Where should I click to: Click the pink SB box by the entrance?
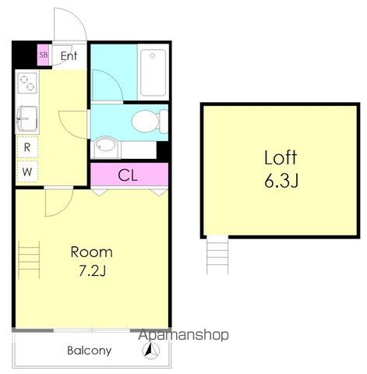(x=43, y=55)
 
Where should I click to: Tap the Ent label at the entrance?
(x=69, y=56)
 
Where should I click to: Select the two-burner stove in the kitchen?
(x=27, y=83)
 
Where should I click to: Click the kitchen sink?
(x=27, y=119)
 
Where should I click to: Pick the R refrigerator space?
(x=27, y=147)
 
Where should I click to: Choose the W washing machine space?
(x=27, y=171)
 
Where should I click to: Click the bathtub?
(x=153, y=72)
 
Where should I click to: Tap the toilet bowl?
(x=150, y=122)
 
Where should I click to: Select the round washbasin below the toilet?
(x=105, y=146)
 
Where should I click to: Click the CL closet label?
(x=128, y=175)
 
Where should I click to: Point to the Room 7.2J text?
(x=92, y=262)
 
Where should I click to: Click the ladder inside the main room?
(x=29, y=260)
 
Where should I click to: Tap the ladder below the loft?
(x=217, y=256)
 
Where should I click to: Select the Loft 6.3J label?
(x=281, y=169)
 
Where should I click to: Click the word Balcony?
(x=90, y=351)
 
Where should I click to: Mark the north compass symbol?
(x=151, y=351)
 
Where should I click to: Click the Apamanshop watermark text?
(x=183, y=335)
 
